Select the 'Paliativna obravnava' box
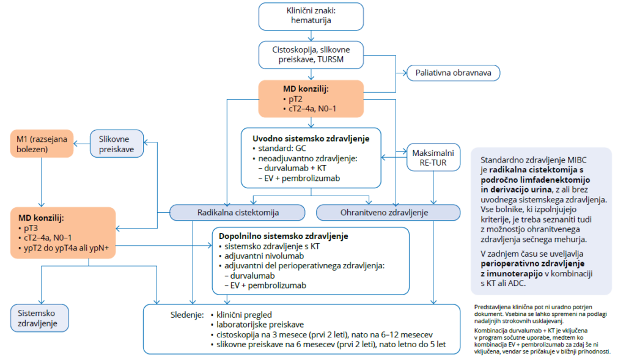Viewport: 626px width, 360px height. pos(454,73)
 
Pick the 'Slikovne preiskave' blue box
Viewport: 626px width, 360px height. pos(117,144)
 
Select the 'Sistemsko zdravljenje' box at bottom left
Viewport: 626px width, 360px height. pos(39,317)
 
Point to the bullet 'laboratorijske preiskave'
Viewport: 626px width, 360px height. pos(256,324)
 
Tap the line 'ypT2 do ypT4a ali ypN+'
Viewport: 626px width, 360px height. pos(67,248)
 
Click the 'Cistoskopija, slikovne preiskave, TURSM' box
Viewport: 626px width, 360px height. pos(311,54)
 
